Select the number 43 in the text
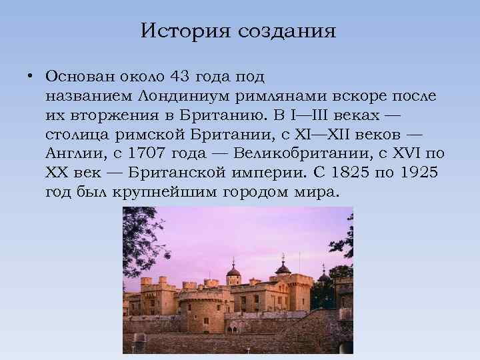[179, 76]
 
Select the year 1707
[145, 154]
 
